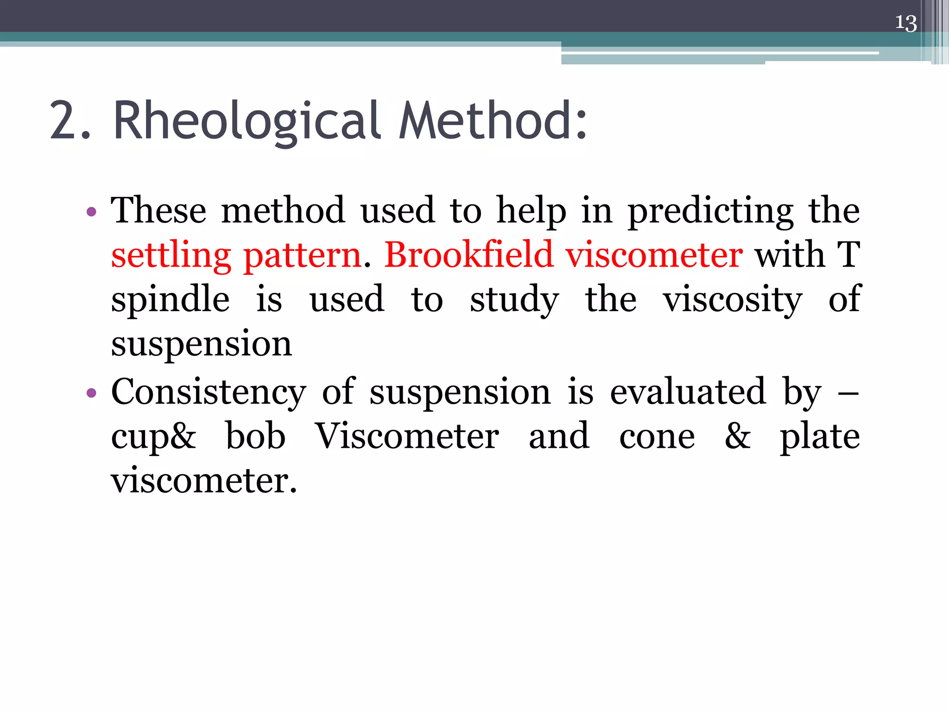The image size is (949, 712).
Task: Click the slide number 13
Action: [x=905, y=23]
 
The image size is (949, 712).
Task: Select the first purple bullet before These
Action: [x=92, y=212]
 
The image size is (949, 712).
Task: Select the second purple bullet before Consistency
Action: [x=92, y=394]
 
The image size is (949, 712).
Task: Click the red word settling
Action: [x=171, y=256]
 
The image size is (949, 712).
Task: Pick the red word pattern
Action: [x=302, y=256]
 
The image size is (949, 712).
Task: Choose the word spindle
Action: [x=170, y=300]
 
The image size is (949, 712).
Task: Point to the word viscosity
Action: [x=732, y=300]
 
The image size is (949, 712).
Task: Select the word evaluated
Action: [x=688, y=392]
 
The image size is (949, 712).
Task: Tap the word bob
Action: [x=255, y=436]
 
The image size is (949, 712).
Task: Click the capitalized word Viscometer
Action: [x=407, y=436]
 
